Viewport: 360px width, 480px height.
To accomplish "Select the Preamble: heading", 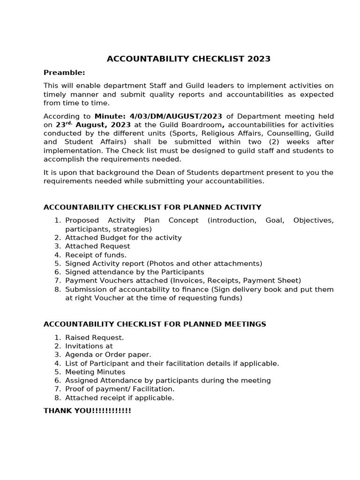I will click(64, 73).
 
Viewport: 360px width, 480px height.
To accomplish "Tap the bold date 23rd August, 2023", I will click(93, 125).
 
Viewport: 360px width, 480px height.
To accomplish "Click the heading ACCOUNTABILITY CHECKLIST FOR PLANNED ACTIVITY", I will click(152, 207).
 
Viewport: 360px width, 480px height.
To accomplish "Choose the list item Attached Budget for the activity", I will click(123, 238).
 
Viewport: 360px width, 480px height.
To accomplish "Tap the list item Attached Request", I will click(97, 246).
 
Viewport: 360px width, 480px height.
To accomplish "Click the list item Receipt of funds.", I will click(96, 255).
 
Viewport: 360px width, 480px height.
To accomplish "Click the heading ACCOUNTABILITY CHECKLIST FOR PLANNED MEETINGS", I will click(155, 324).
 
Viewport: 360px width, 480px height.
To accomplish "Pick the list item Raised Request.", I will click(94, 337).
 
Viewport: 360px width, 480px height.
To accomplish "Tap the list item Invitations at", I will click(89, 346).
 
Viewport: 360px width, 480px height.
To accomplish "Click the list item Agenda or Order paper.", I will click(108, 355).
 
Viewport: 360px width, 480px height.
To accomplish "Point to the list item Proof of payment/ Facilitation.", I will click(120, 389).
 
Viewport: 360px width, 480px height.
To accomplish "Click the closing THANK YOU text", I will click(87, 411).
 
